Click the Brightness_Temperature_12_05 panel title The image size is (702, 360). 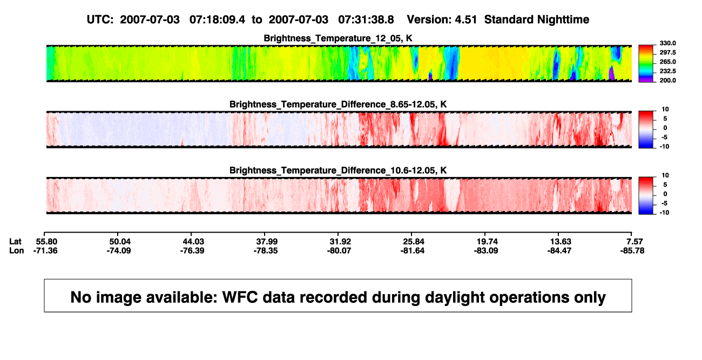(x=338, y=38)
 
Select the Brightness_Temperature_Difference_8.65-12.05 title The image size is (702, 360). (x=338, y=104)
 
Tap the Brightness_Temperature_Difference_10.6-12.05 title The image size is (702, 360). (x=338, y=171)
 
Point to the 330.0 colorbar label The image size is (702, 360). (x=667, y=43)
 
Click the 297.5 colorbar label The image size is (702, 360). (x=667, y=52)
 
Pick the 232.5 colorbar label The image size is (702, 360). (x=667, y=71)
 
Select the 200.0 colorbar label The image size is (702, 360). (x=667, y=80)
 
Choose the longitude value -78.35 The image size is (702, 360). (x=266, y=250)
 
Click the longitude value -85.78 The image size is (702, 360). (x=632, y=250)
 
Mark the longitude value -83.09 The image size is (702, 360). (x=486, y=250)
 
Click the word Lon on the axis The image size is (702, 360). (x=17, y=250)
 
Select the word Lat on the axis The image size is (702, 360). (x=15, y=242)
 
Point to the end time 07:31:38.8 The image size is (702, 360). (x=366, y=20)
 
